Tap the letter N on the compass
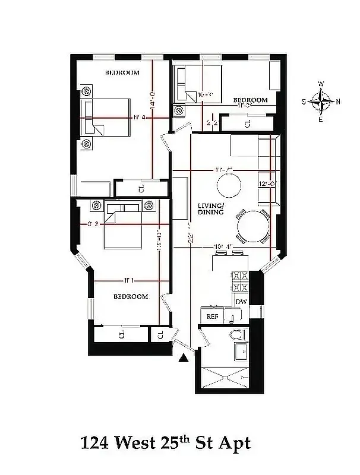click(339, 102)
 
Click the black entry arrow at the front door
click(184, 357)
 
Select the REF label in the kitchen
click(212, 317)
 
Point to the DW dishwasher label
click(241, 302)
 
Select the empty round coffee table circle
click(229, 186)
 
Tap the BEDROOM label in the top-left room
click(122, 73)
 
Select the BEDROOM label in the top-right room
click(250, 100)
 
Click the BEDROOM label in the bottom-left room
click(131, 296)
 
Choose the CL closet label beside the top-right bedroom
click(248, 123)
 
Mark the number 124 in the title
click(94, 443)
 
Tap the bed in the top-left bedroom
click(107, 117)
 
